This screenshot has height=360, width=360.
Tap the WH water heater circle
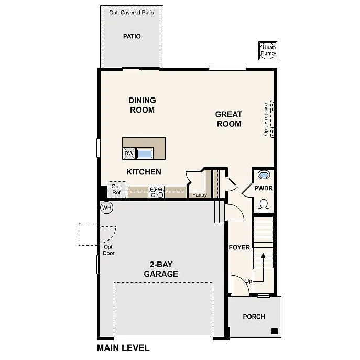pos(107,208)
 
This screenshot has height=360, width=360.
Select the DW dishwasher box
pos(129,154)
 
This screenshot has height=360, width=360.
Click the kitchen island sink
pos(144,154)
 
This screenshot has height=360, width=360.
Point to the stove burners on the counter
pos(157,192)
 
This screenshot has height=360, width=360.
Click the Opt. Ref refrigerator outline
pos(116,190)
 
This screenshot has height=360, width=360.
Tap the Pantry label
pos(200,195)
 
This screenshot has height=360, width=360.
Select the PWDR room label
pos(264,188)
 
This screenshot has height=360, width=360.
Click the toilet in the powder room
pos(264,205)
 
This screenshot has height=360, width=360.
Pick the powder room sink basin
pos(264,175)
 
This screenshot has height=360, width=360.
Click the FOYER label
pos(239,247)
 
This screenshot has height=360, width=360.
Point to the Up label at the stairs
pos(249,281)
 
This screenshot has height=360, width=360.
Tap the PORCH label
pos(254,317)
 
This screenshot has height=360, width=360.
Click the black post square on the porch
pos(274,331)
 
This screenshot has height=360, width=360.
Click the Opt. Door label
pos(108,250)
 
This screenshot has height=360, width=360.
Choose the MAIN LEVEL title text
pos(123,347)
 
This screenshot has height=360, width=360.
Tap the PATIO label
pos(132,37)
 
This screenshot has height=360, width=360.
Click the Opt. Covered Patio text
pos(132,12)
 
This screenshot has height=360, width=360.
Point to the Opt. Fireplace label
pos(266,119)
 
